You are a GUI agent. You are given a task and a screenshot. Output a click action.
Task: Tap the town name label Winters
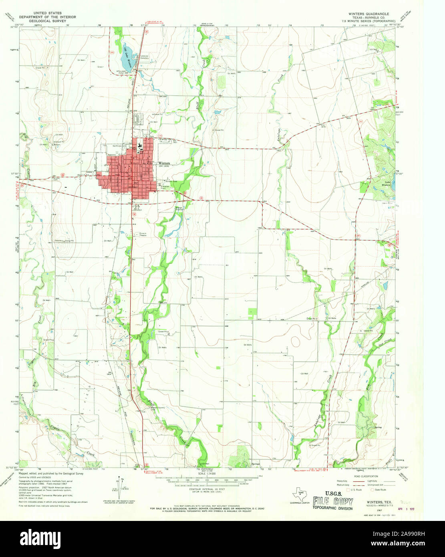(x=164, y=163)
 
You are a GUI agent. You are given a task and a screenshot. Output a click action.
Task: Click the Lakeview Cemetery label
(x=144, y=57)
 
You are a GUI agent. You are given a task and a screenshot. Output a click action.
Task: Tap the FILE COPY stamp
(x=333, y=502)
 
